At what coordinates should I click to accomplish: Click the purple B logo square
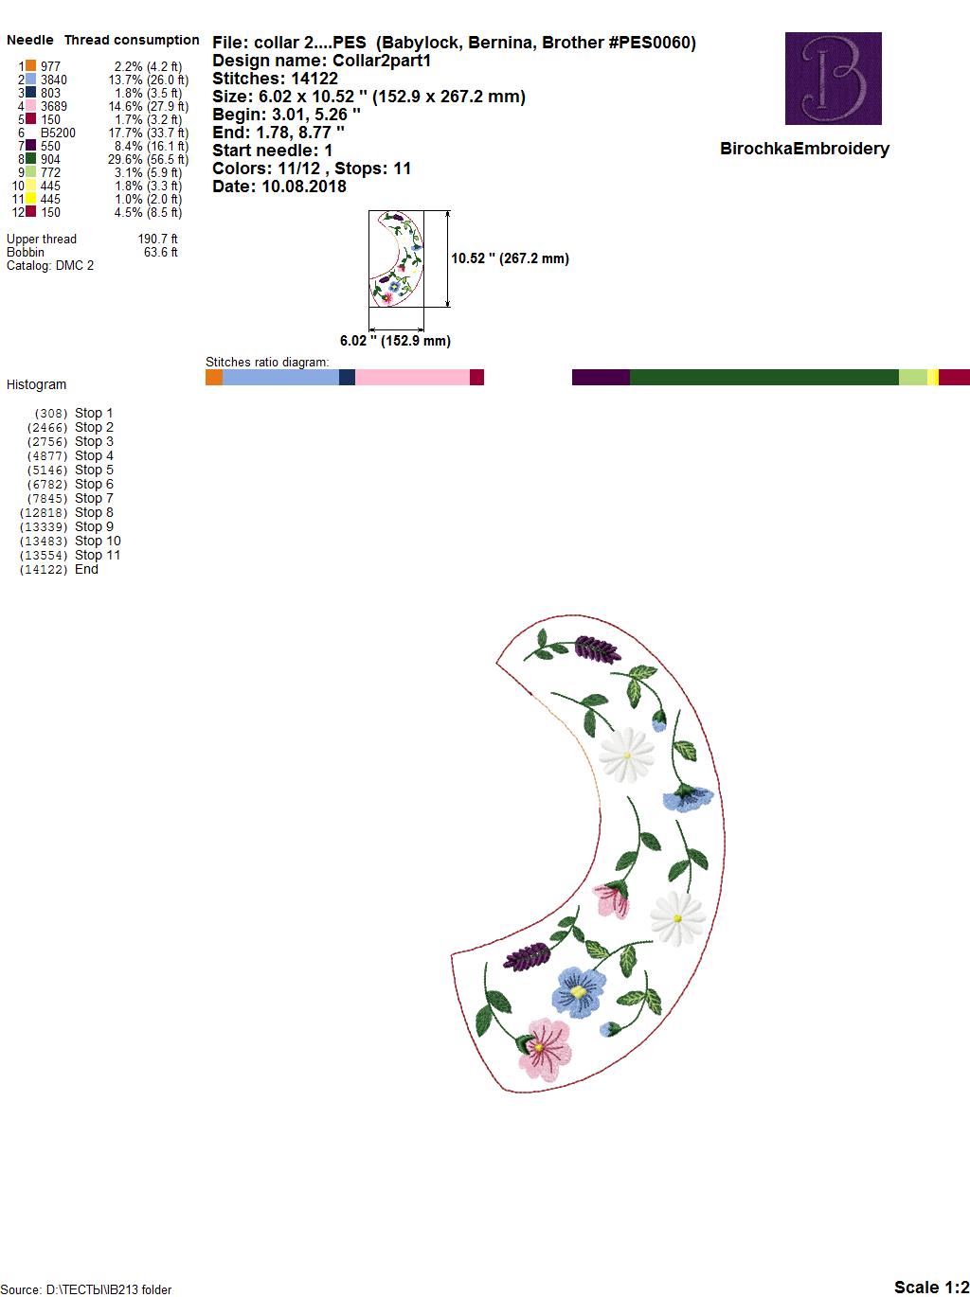point(833,79)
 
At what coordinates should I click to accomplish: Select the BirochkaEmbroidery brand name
point(804,149)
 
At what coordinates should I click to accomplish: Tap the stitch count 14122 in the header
point(314,79)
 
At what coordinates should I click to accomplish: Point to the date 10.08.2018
point(304,187)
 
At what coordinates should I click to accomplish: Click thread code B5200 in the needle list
point(58,133)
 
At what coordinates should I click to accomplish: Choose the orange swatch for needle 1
point(30,65)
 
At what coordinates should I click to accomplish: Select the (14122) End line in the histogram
point(59,569)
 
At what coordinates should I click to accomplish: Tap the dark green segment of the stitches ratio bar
point(763,377)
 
